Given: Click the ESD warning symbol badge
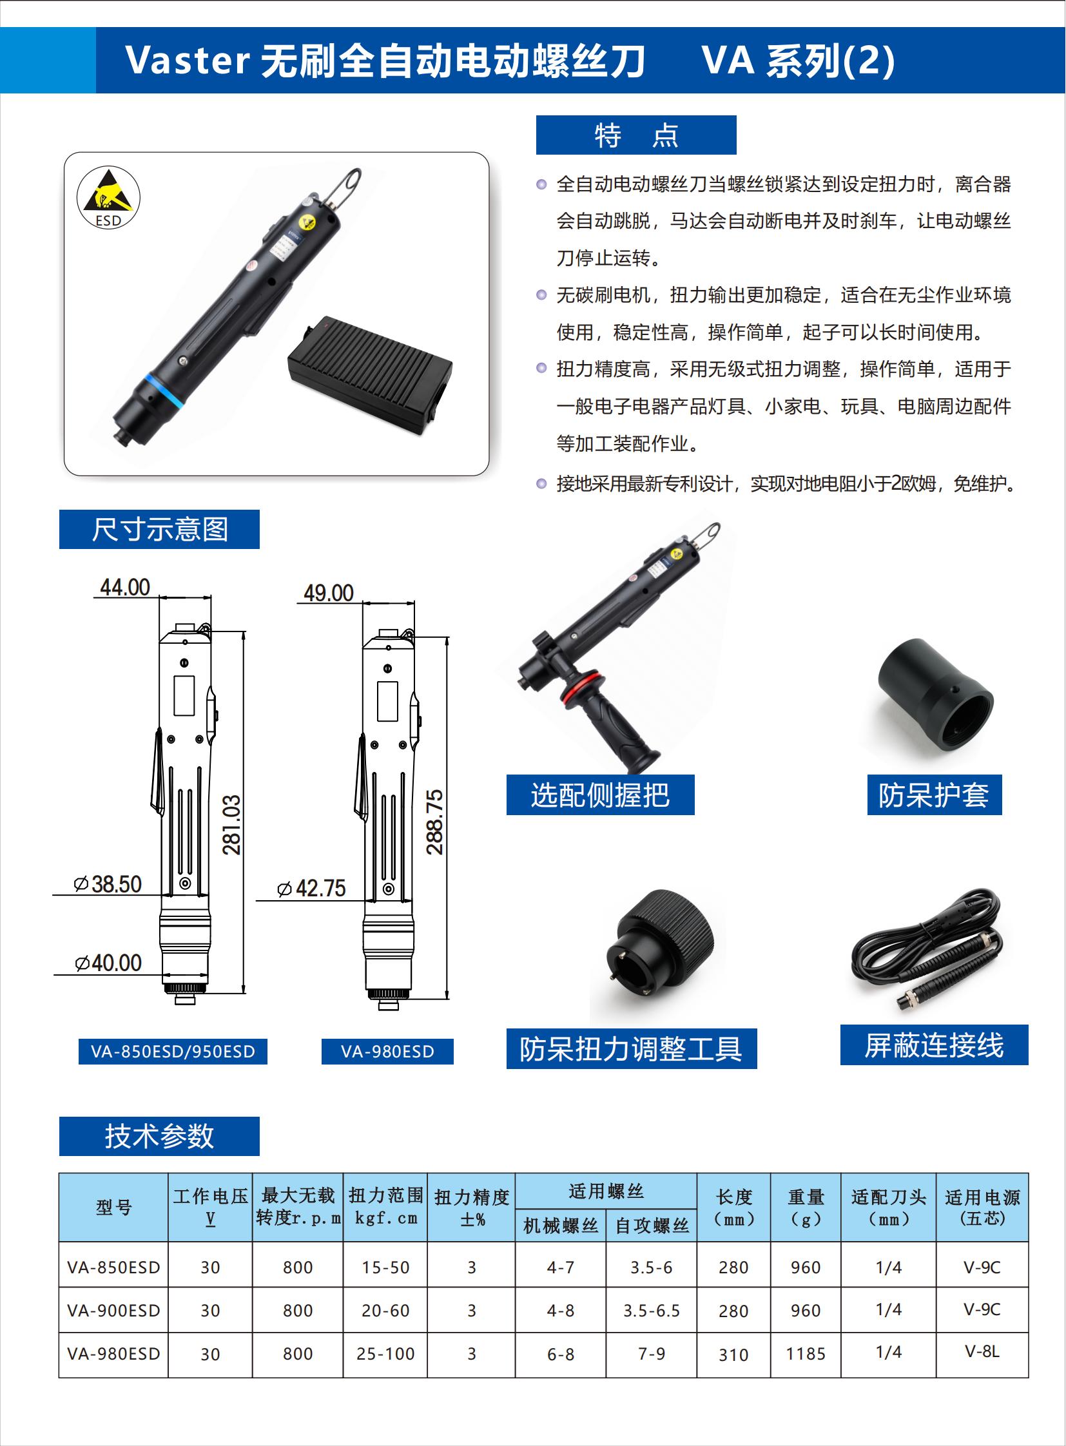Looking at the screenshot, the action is [x=108, y=197].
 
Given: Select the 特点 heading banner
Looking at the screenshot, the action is [x=635, y=135].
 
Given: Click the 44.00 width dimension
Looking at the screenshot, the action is [x=125, y=587].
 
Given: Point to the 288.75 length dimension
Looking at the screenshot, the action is [x=435, y=822].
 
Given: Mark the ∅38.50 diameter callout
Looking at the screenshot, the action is [x=108, y=884].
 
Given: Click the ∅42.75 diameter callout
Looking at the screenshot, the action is [x=312, y=889].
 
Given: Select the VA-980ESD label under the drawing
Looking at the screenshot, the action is [x=387, y=1051].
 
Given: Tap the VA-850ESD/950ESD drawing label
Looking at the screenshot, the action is [x=173, y=1051].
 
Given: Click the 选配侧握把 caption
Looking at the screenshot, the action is [x=600, y=795].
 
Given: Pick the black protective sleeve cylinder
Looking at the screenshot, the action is [x=935, y=694].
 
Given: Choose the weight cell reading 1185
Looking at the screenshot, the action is [x=806, y=1354].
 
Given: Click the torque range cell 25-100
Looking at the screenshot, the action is [x=385, y=1354].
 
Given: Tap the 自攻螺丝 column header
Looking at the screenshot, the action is [x=652, y=1226].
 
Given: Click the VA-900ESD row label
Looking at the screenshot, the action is [x=113, y=1311].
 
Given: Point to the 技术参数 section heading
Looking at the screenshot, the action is [x=159, y=1135].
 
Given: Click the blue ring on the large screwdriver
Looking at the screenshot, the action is [x=165, y=390].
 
